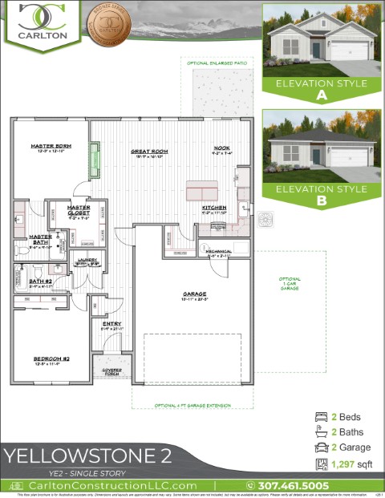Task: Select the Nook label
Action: coord(221,148)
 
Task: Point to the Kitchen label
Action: coord(213,207)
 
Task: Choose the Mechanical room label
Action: coord(218,252)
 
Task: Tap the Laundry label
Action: coord(86,261)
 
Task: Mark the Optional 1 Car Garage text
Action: coord(290,284)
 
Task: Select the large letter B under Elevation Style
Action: coord(321,202)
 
